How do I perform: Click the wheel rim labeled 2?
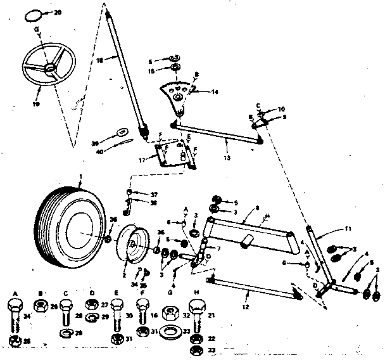pos(134,241)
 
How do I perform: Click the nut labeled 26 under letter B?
pos(40,307)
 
